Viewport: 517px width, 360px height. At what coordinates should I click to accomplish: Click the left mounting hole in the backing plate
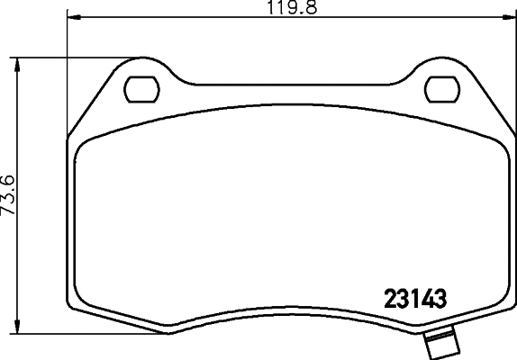pos(139,89)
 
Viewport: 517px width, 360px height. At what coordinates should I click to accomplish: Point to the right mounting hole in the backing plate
pos(440,89)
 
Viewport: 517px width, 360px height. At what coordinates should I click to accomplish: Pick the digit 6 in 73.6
pos(9,177)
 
